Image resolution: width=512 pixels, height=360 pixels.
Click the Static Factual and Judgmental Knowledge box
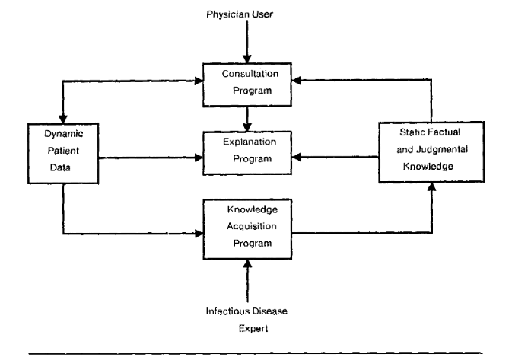(x=432, y=151)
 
